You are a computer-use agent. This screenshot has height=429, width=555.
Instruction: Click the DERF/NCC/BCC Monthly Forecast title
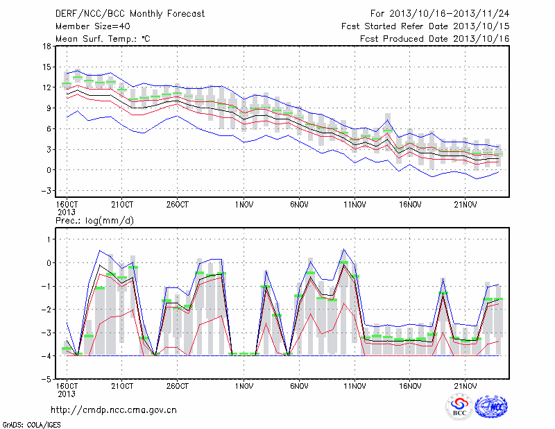130,14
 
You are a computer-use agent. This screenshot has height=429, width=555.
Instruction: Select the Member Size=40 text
93,26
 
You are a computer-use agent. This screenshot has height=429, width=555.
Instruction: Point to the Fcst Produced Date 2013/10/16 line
435,39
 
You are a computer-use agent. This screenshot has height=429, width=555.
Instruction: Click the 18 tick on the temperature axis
46,46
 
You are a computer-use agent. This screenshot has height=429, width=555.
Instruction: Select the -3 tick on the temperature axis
45,191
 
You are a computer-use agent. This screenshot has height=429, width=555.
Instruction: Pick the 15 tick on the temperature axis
46,67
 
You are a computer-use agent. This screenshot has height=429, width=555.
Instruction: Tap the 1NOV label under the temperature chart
244,205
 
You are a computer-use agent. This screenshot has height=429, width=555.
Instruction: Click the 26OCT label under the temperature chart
178,205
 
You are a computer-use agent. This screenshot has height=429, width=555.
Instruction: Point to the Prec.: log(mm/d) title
94,221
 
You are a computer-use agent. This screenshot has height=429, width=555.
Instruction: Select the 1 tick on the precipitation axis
49,239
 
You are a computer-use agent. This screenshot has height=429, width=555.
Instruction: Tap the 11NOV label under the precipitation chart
355,386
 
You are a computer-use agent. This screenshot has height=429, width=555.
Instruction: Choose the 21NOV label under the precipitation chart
465,386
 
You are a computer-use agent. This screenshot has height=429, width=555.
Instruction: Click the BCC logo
459,407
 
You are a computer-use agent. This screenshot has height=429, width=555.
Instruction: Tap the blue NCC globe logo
491,407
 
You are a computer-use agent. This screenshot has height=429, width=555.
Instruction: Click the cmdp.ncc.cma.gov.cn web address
114,410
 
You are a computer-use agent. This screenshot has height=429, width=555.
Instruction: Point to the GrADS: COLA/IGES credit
32,425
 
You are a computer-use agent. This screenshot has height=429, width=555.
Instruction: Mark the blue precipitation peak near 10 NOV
343,249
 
